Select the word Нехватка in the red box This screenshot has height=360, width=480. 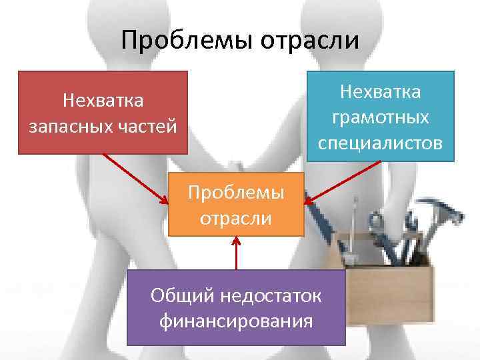pyautogui.click(x=103, y=101)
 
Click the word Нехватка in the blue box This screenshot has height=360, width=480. pyautogui.click(x=380, y=91)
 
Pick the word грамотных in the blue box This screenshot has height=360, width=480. pyautogui.click(x=380, y=117)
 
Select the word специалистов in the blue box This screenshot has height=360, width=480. pyautogui.click(x=380, y=143)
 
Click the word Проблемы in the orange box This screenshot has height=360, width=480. pyautogui.click(x=236, y=192)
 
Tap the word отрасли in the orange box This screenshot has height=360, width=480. pyautogui.click(x=236, y=218)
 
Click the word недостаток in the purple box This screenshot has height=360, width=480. pyautogui.click(x=265, y=295)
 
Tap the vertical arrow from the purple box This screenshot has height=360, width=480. pyautogui.click(x=236, y=253)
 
